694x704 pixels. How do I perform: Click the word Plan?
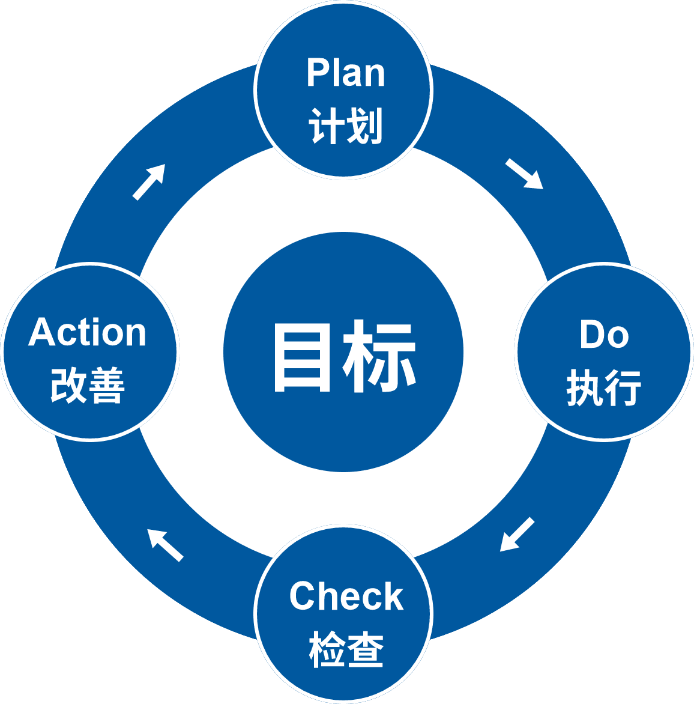345,73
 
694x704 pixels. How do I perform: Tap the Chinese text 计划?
346,126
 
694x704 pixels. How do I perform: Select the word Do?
604,335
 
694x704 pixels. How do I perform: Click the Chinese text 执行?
604,387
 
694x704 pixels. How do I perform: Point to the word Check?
346,596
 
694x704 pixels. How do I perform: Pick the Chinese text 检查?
346,649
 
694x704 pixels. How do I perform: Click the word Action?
88,332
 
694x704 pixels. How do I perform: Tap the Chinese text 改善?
88,385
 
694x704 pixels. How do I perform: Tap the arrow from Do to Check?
517,534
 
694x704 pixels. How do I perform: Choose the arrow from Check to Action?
164,545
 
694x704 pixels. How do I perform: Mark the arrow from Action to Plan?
149,181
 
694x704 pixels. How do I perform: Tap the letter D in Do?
591,335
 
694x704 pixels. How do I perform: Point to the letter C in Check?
303,596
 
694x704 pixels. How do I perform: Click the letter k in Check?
393,596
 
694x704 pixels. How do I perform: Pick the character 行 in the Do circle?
623,387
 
